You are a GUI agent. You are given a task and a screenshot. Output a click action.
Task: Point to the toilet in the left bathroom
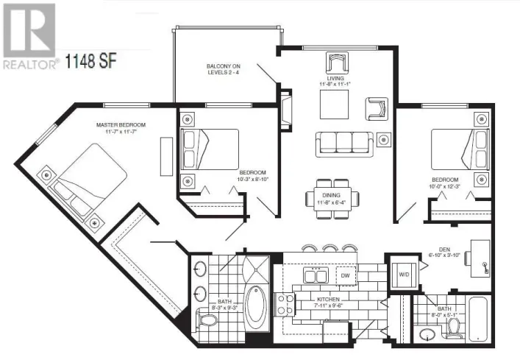point(212,321)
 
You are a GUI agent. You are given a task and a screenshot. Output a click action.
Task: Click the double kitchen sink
point(313,275)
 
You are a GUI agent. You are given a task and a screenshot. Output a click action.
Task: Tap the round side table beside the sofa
point(383,139)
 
